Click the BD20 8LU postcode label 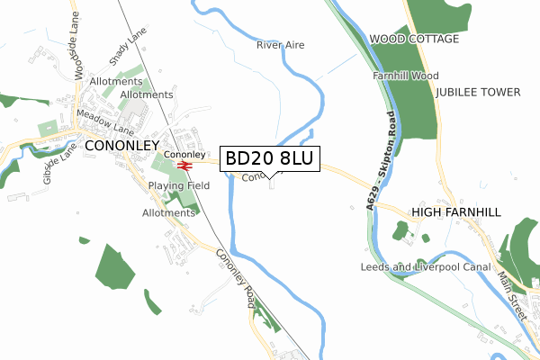[x=269, y=158]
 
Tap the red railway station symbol [x=184, y=166]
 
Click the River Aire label [x=282, y=44]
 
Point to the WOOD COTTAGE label [x=414, y=40]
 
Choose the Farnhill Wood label [x=406, y=76]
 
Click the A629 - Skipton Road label [x=380, y=163]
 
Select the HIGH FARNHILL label [x=454, y=212]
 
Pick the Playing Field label [x=179, y=185]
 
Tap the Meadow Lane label [x=103, y=122]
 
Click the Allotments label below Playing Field [x=168, y=213]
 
